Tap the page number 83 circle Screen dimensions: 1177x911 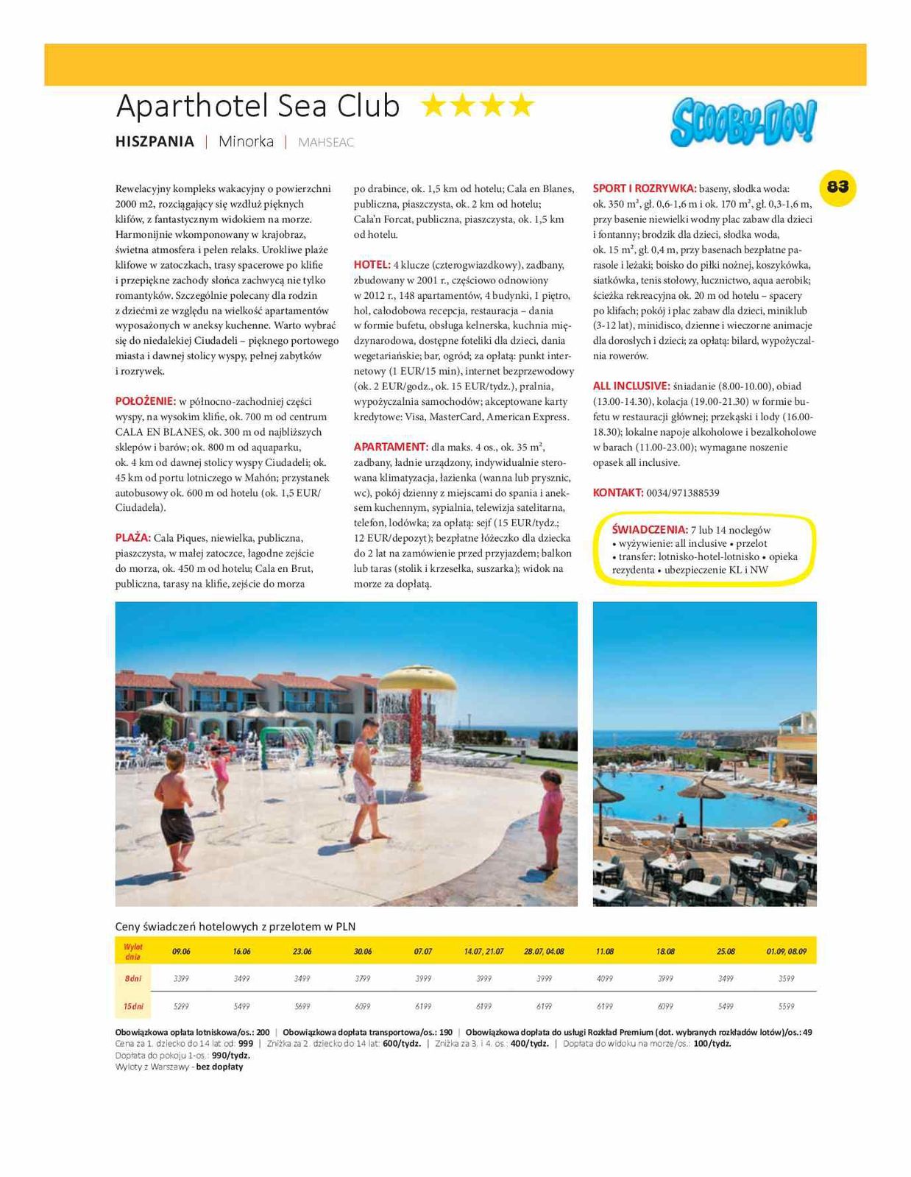tap(837, 187)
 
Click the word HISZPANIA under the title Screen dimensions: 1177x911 tap(155, 141)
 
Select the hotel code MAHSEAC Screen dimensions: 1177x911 tap(326, 142)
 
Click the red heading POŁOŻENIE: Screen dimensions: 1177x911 tap(145, 401)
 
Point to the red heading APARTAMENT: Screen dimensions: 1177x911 tap(390, 447)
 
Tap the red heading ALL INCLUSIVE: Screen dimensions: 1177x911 tap(631, 386)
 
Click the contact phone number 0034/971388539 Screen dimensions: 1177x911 tap(683, 492)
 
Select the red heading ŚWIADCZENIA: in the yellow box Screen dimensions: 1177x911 tap(649, 529)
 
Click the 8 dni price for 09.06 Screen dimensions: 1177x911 tap(181, 978)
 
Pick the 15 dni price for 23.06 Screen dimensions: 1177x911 tap(302, 1006)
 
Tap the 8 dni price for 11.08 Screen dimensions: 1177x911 tap(604, 978)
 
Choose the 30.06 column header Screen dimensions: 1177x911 tap(363, 951)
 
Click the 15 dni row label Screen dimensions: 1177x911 tap(133, 1006)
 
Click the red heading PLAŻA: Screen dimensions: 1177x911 tap(132, 538)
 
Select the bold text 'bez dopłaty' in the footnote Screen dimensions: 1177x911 tap(219, 1067)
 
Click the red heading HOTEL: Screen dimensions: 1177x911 tap(372, 264)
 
